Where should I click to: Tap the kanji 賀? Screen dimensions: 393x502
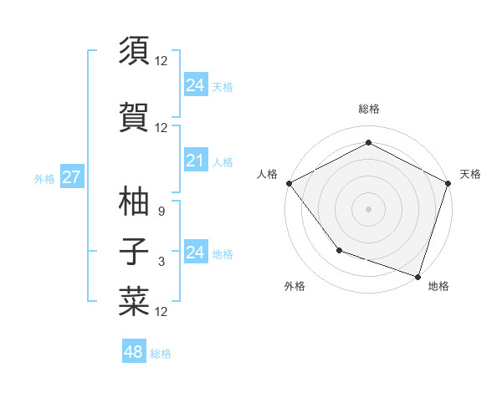pyautogui.click(x=134, y=118)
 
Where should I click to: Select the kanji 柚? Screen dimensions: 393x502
pyautogui.click(x=134, y=201)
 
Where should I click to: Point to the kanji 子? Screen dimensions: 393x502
pyautogui.click(x=134, y=252)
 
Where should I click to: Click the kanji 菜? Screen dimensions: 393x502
pyautogui.click(x=134, y=302)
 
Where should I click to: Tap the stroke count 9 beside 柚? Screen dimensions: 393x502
pyautogui.click(x=161, y=212)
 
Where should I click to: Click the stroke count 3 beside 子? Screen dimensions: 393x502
pyautogui.click(x=161, y=262)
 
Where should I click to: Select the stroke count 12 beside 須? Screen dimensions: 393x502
pyautogui.click(x=161, y=61)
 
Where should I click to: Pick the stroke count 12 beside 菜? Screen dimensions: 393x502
pyautogui.click(x=161, y=312)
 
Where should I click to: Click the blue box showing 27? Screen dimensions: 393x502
pyautogui.click(x=71, y=177)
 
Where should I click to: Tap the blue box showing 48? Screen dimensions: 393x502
pyautogui.click(x=134, y=352)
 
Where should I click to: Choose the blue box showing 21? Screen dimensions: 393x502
pyautogui.click(x=195, y=161)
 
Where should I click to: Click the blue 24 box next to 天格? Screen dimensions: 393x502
pyautogui.click(x=195, y=85)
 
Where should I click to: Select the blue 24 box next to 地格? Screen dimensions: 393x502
pyautogui.click(x=195, y=253)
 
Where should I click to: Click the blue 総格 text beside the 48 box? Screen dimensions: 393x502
pyautogui.click(x=161, y=354)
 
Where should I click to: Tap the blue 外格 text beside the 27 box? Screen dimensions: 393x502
pyautogui.click(x=44, y=178)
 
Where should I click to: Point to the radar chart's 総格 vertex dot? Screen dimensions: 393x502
pyautogui.click(x=368, y=143)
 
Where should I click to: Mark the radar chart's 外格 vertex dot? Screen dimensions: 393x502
pyautogui.click(x=339, y=249)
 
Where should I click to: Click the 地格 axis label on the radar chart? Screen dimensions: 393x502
pyautogui.click(x=438, y=287)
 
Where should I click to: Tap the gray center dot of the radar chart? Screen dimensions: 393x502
pyautogui.click(x=368, y=208)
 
